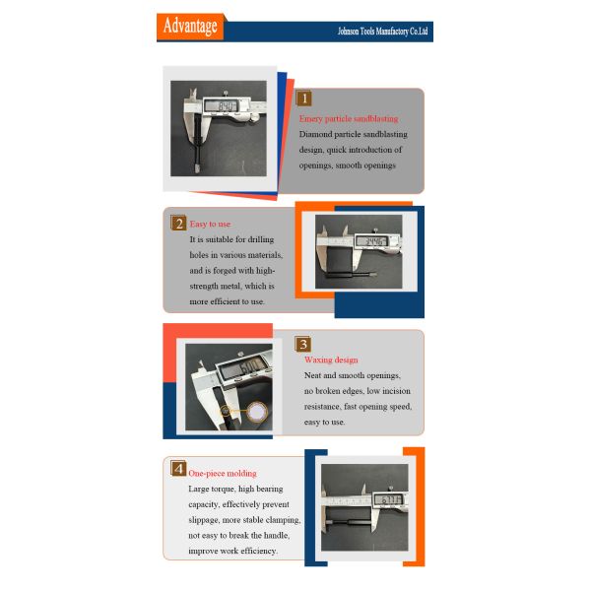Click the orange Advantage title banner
point(191,27)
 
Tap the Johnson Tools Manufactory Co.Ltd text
point(382,32)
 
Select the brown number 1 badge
point(303,98)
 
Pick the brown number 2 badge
point(178,224)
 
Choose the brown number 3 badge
point(303,344)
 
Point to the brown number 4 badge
point(178,469)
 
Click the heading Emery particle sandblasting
point(349,119)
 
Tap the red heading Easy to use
point(210,224)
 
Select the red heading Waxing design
point(331,360)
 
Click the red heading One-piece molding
point(223,474)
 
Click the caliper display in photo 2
point(371,241)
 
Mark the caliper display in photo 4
point(389,500)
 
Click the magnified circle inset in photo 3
point(257,412)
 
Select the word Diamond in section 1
point(315,135)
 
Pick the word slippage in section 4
point(204,520)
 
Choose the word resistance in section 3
point(322,407)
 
